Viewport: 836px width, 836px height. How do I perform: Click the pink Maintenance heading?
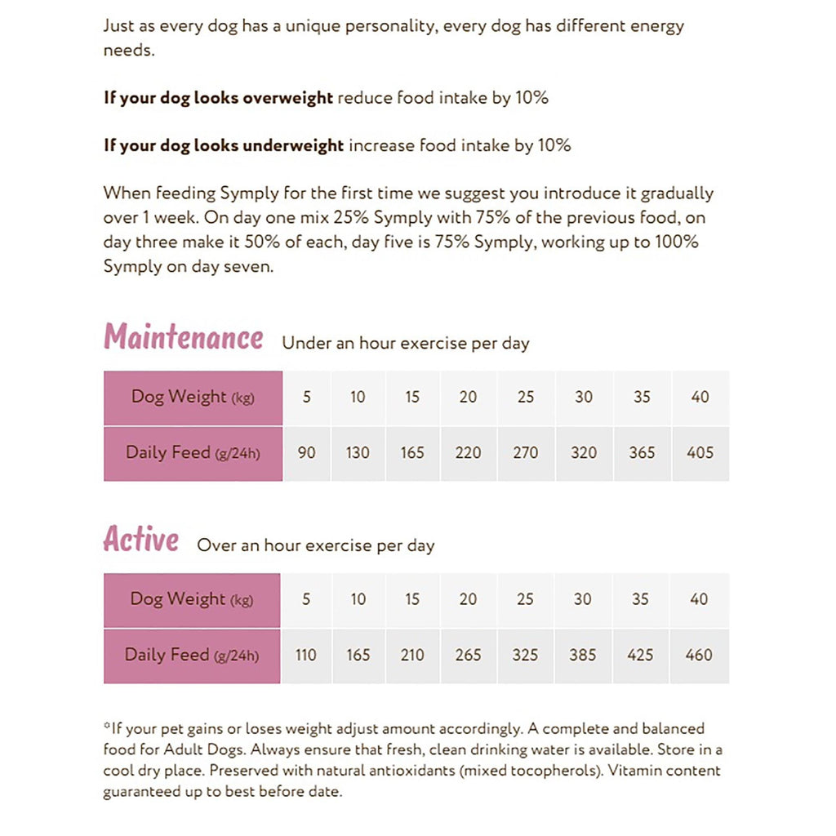[184, 336]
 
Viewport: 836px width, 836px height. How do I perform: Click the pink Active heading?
[141, 539]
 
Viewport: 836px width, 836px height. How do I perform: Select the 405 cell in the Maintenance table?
[700, 452]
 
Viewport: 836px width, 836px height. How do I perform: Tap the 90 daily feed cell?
[306, 452]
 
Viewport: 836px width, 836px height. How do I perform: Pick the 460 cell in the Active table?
[699, 655]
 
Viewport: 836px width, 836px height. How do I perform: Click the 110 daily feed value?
[305, 655]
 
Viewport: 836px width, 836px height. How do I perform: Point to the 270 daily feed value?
[525, 452]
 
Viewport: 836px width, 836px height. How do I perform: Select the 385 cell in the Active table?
[582, 655]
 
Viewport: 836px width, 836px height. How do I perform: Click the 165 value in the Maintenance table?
[412, 452]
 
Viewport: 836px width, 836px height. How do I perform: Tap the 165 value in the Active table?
[358, 655]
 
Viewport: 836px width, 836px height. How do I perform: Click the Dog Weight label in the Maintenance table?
[179, 397]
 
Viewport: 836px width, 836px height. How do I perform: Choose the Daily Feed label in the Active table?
[167, 655]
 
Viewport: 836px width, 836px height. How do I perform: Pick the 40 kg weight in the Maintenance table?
[700, 397]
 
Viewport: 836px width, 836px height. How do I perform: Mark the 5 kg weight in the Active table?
[306, 599]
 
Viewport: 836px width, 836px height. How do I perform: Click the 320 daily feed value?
[584, 452]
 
